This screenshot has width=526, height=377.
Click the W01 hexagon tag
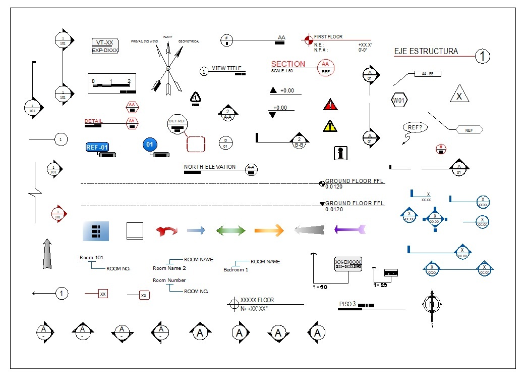pos(399,100)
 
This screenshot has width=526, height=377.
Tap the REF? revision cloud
pos(415,127)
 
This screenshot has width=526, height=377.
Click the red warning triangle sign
pos(330,105)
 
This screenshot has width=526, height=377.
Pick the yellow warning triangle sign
pos(330,126)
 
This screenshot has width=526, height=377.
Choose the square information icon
pos(341,153)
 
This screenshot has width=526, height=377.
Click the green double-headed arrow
pos(231,231)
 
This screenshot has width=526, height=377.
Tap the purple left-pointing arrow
pos(349,230)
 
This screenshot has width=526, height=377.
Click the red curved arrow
pos(166,231)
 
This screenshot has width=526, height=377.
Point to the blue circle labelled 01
pos(149,145)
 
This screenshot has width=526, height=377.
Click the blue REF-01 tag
pos(97,147)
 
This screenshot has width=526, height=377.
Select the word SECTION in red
pos(288,64)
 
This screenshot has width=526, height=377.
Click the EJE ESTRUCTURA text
pos(426,52)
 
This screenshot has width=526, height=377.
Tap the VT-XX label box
pos(105,43)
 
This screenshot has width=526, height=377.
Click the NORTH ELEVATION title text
pos(209,167)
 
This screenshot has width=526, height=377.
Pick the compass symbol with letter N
pos(431,305)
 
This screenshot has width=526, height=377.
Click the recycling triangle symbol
pos(196,97)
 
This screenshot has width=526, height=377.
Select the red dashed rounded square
pos(196,144)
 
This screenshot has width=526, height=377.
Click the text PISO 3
pos(347,304)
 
